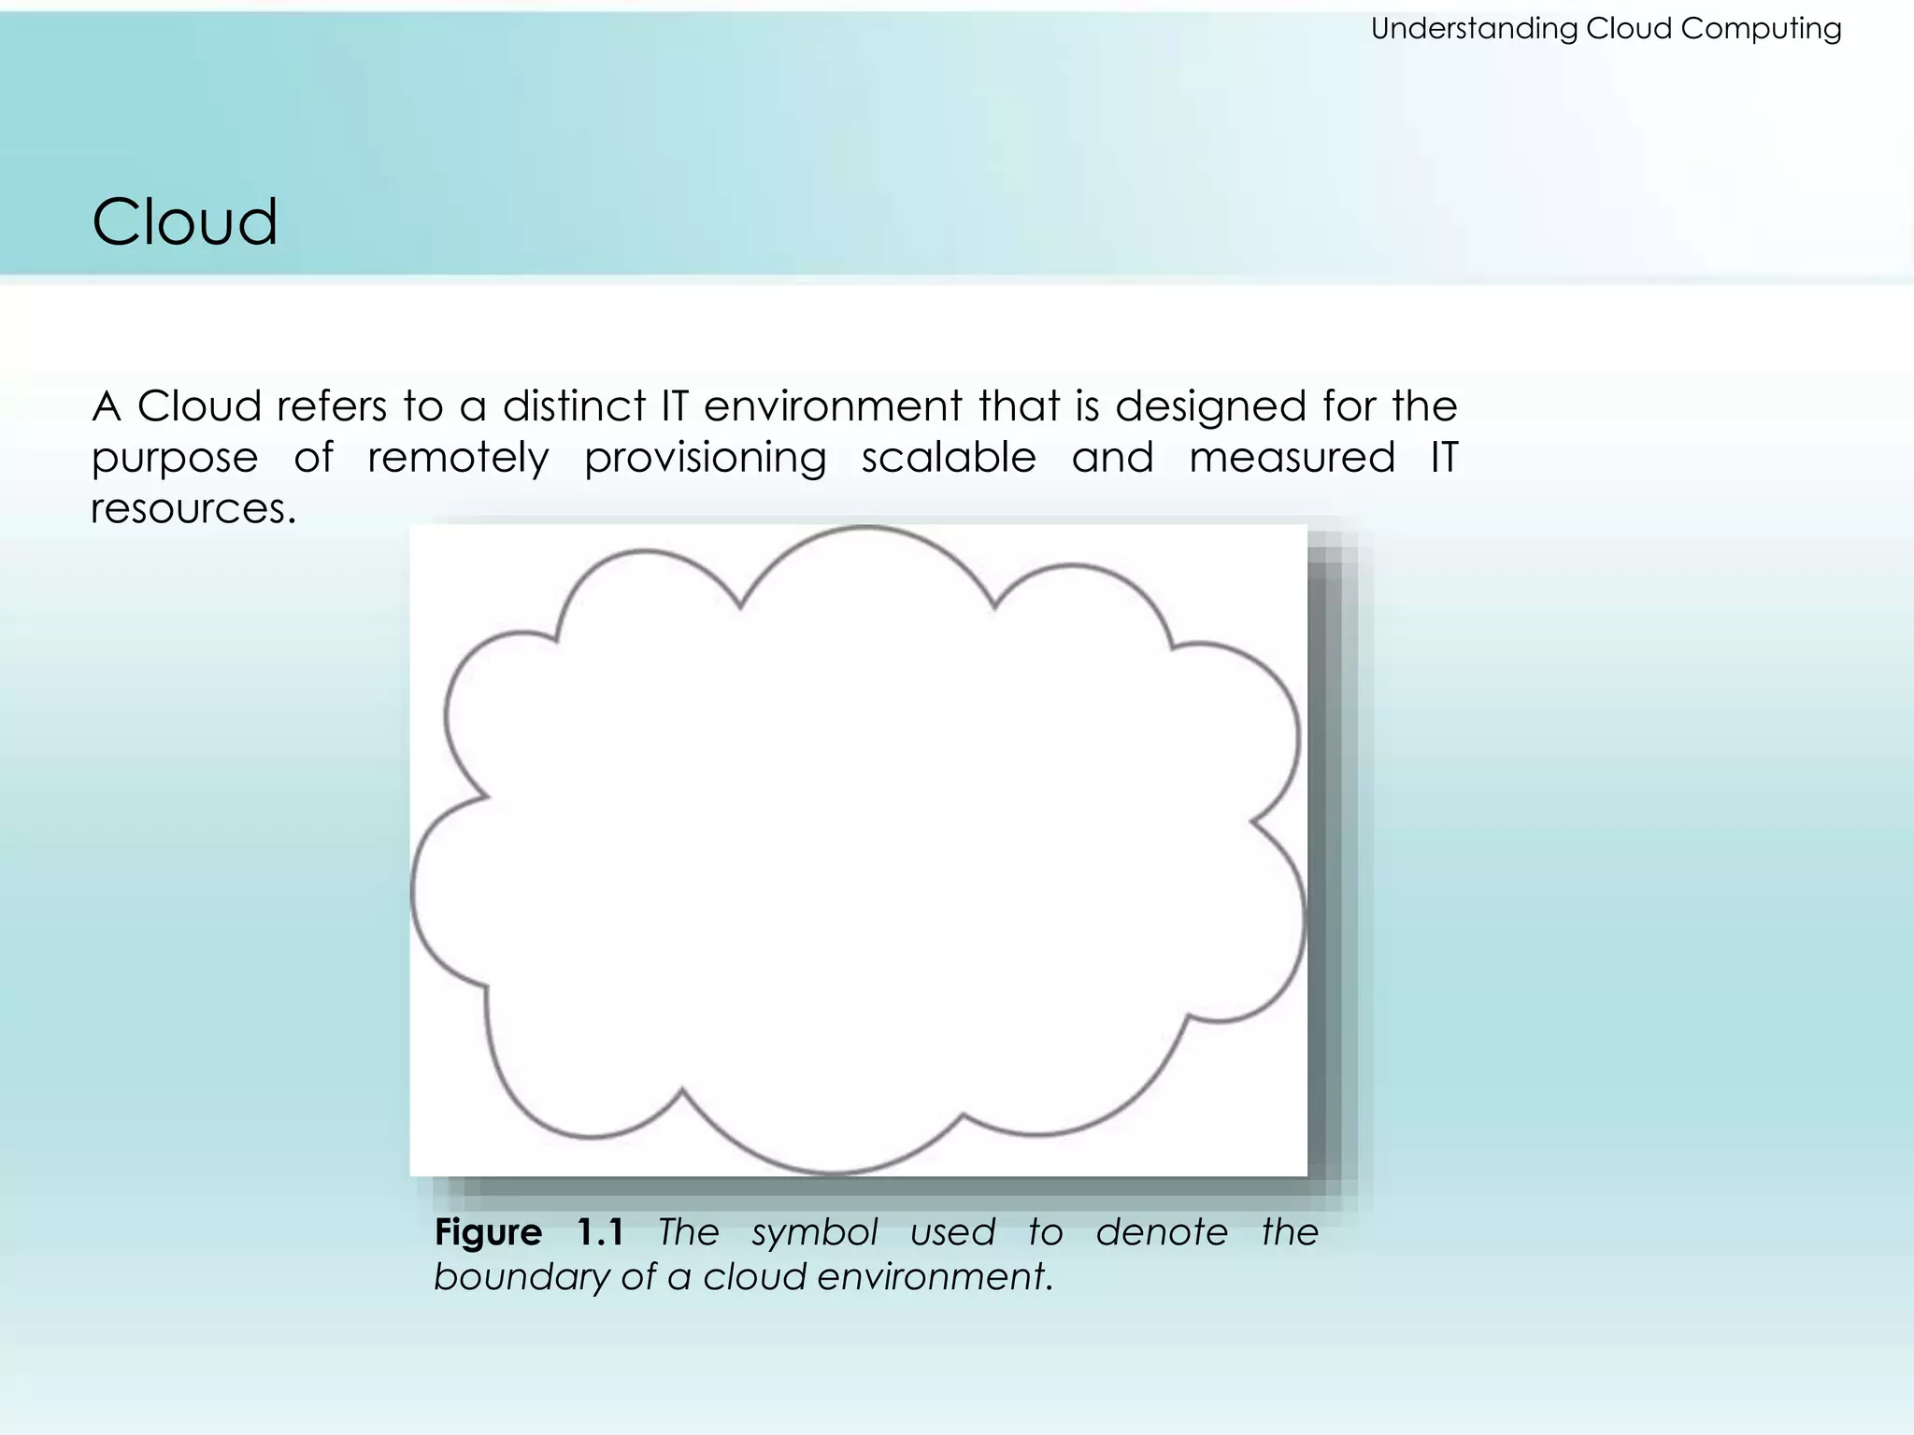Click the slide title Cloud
coord(184,222)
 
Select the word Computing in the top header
coord(1761,29)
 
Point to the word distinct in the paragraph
coord(574,406)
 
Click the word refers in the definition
coord(331,406)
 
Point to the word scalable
coord(949,458)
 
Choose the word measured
coord(1292,458)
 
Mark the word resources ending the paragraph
coord(193,509)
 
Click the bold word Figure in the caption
coord(488,1233)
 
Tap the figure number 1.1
coord(600,1232)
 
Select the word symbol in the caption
coord(815,1233)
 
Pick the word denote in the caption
coord(1162,1232)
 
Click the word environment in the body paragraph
coord(833,406)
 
